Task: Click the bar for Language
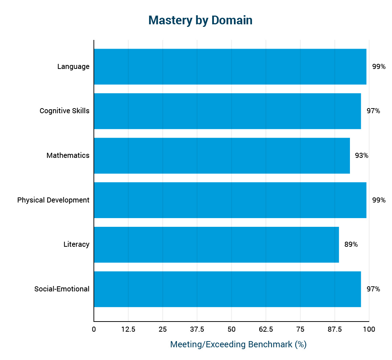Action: coord(230,67)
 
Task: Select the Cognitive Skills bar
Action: coord(227,111)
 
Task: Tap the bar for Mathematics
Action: coord(222,156)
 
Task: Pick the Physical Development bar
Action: coord(230,200)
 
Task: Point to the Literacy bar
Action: coord(216,245)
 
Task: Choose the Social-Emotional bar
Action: coord(227,289)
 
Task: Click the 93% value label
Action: coord(362,156)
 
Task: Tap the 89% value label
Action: coord(351,245)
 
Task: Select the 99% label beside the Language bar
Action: coord(379,67)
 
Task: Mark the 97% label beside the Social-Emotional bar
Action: coord(373,289)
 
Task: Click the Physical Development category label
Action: coord(53,200)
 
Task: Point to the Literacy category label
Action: coord(76,245)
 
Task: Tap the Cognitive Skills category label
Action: coord(65,111)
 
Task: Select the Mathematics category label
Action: coord(68,156)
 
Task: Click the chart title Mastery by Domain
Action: coord(200,20)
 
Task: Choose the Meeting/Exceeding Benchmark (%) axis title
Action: coord(238,344)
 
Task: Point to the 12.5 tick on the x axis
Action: coord(128,330)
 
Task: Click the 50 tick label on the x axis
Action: coord(231,330)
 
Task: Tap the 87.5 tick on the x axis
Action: coord(335,330)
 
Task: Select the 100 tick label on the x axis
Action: coord(369,330)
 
